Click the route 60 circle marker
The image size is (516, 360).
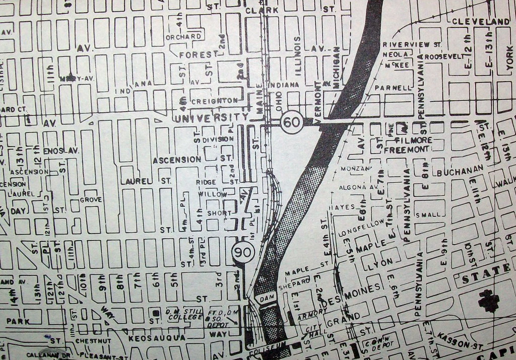292,122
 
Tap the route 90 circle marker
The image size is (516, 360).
243,252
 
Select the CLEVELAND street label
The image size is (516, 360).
481,22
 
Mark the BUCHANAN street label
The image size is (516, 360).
457,172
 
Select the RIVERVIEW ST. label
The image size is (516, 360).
412,44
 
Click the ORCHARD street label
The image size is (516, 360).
183,37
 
